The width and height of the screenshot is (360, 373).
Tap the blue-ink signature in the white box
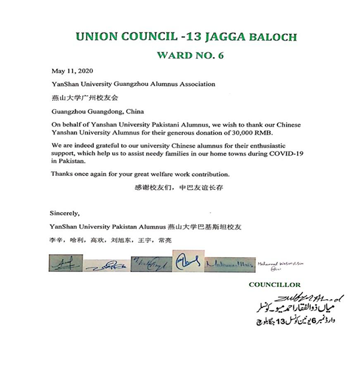(187, 262)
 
